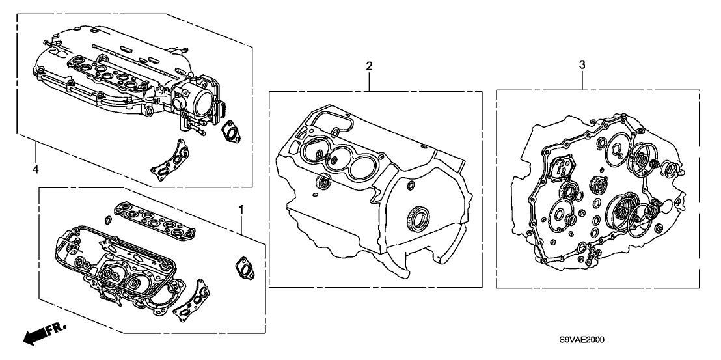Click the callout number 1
(241, 210)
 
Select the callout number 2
(369, 65)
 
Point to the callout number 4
(35, 169)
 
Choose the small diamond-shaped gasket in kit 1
(245, 267)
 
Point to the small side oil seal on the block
(323, 180)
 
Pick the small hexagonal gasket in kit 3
(561, 167)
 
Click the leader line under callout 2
(369, 81)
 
